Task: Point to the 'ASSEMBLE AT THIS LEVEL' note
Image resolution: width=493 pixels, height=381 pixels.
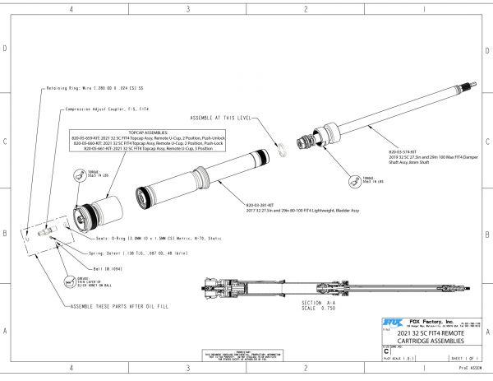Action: pos(221,118)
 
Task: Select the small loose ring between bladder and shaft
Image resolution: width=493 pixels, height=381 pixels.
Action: pos(282,147)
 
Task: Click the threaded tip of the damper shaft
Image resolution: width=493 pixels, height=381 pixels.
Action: pos(469,85)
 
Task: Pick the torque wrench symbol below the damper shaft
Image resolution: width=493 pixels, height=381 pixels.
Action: pos(354,178)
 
